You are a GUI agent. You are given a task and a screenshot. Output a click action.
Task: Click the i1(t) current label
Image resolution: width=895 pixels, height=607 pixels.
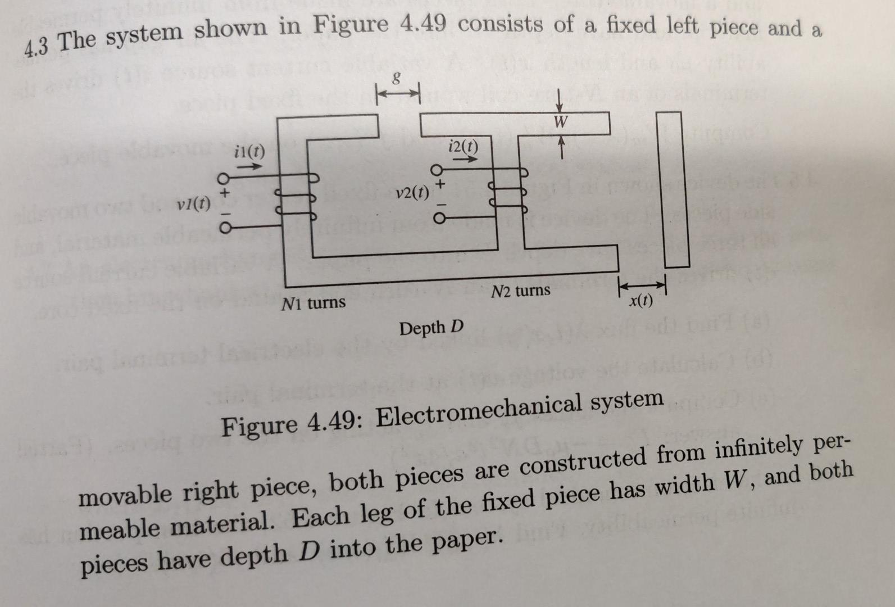tap(249, 151)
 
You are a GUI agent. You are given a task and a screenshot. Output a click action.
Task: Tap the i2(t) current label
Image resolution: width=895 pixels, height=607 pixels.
tap(464, 147)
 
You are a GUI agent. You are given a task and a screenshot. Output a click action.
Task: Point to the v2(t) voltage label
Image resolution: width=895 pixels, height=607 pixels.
tap(412, 193)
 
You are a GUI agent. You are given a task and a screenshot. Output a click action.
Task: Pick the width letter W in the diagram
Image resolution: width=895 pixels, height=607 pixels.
tap(560, 121)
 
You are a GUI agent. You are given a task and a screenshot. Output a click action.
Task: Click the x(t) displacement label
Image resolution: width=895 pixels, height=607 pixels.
tap(641, 301)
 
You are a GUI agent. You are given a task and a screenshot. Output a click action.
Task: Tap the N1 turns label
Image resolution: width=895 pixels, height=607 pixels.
tap(313, 303)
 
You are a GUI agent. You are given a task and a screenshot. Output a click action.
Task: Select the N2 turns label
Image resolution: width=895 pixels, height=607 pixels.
tap(521, 291)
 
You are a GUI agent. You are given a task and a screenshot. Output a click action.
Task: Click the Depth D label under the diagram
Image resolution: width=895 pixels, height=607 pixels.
tap(431, 327)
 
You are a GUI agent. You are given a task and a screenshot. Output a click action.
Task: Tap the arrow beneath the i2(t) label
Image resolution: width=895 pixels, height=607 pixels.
tap(465, 159)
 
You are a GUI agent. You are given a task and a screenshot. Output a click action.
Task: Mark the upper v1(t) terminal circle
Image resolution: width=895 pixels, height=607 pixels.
tap(223, 179)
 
